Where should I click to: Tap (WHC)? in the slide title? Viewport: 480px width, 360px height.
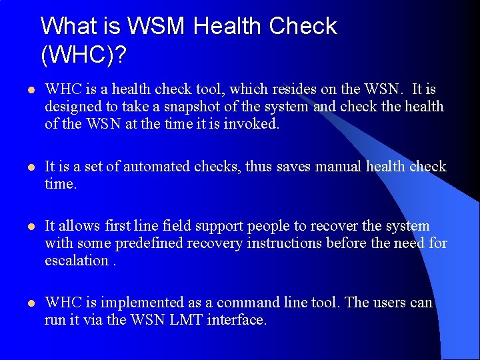coord(83,55)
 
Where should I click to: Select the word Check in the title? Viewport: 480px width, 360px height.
coord(303,27)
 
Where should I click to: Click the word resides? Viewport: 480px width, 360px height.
coord(316,89)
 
